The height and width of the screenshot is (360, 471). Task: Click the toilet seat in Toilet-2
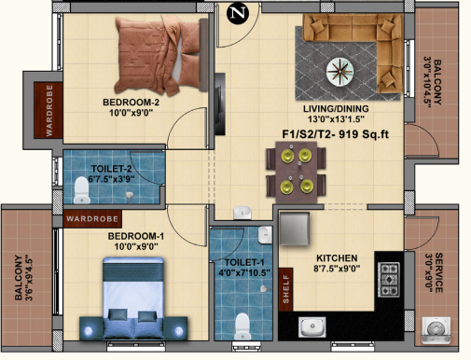[x=81, y=192]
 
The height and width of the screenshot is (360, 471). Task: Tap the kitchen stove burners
[x=387, y=280]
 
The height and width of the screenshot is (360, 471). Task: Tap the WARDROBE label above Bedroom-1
[x=88, y=221]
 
